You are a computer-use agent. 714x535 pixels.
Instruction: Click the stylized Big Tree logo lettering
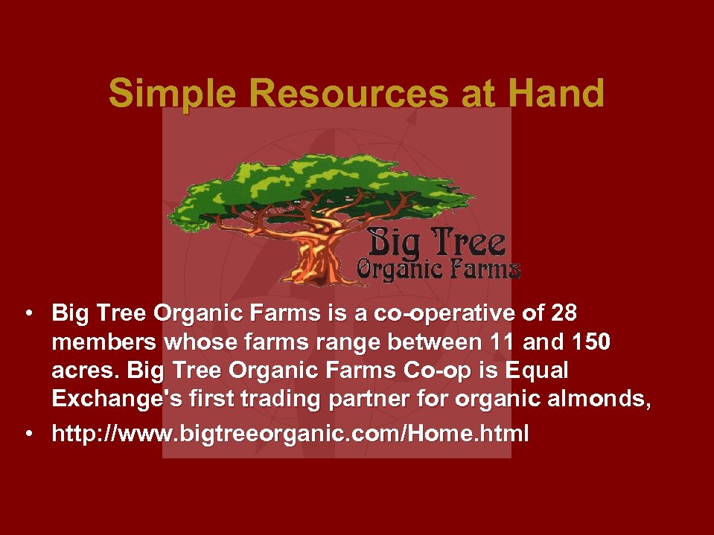coord(436,242)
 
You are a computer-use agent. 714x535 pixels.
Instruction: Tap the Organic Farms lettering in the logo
coord(439,269)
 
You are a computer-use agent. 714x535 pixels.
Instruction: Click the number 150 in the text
coord(589,345)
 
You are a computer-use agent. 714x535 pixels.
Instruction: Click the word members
coord(104,345)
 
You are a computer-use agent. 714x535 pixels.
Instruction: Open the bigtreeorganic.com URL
coord(290,434)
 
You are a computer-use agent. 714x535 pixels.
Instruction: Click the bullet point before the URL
coord(28,434)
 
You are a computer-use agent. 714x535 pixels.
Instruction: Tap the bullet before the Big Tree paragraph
coord(28,313)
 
